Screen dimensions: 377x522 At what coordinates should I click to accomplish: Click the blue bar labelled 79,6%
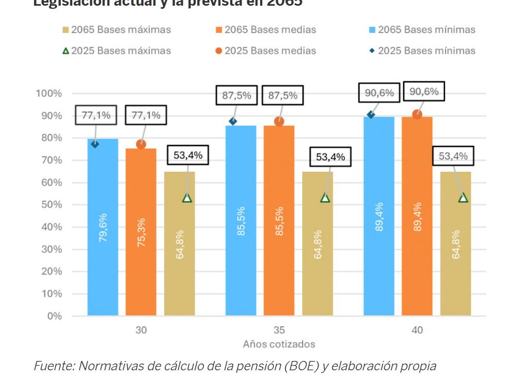(x=103, y=228)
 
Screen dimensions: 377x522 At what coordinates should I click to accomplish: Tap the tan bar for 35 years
(x=318, y=243)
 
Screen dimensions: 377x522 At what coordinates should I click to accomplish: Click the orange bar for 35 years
(x=279, y=220)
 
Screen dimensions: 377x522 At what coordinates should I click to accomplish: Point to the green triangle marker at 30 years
(x=187, y=198)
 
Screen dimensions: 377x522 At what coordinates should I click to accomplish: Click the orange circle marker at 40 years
(x=417, y=114)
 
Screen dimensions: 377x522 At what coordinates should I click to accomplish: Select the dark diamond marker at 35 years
(x=233, y=121)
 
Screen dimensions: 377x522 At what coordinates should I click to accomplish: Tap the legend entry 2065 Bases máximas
(x=115, y=30)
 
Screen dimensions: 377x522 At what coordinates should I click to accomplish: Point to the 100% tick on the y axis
(x=49, y=94)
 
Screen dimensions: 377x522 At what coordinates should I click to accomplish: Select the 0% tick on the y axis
(x=54, y=315)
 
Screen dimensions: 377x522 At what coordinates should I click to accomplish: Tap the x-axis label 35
(x=279, y=330)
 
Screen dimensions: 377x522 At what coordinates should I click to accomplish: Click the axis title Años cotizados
(x=279, y=344)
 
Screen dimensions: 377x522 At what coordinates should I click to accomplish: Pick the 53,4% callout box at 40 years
(x=453, y=156)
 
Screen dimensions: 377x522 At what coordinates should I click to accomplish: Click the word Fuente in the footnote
(x=53, y=366)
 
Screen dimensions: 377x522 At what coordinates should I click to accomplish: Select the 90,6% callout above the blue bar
(x=379, y=93)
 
